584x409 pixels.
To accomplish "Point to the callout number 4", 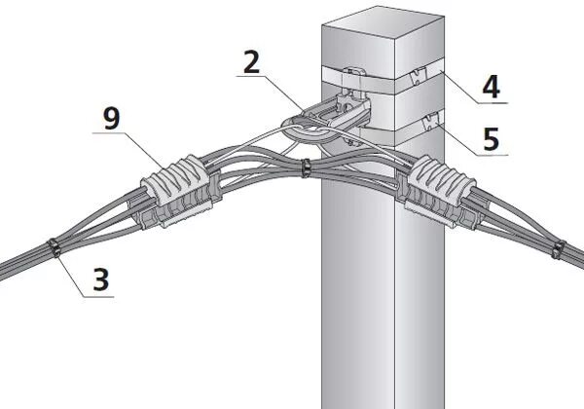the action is (x=492, y=87).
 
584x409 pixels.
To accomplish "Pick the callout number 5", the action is (x=492, y=138).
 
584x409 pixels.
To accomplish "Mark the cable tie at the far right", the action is (x=559, y=248).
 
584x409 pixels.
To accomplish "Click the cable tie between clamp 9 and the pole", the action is (x=305, y=168).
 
